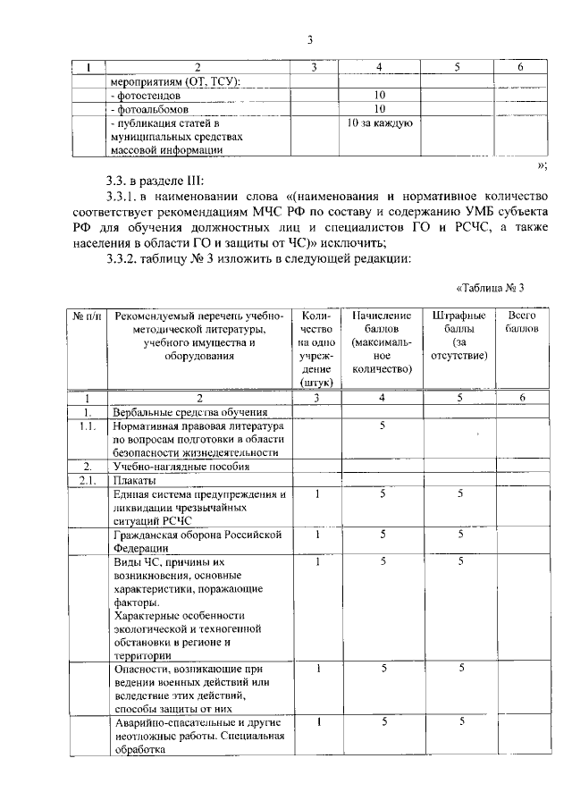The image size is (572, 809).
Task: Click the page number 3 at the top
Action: coord(309,39)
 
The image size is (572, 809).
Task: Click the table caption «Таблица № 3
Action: coord(488,287)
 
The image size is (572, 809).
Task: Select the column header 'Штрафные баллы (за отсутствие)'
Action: coord(458,336)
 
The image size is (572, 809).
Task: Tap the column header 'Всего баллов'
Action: coord(521,323)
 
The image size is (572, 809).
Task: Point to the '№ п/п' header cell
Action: coord(88,316)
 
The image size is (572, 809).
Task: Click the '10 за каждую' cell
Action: coord(379,122)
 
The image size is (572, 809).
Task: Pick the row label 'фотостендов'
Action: coord(147,94)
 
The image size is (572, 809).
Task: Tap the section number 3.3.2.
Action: coord(130,258)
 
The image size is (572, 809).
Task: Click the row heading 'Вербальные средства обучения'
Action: coord(189,412)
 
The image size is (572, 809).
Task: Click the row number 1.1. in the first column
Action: coord(88,426)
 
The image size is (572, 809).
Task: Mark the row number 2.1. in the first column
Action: coord(88,480)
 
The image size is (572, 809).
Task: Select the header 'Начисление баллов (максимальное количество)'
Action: coord(382,342)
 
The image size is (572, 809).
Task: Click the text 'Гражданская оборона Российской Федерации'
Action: coord(198,541)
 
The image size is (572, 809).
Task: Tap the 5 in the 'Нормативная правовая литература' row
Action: coord(382,426)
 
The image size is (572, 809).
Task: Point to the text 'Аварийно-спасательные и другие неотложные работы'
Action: coord(198,729)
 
